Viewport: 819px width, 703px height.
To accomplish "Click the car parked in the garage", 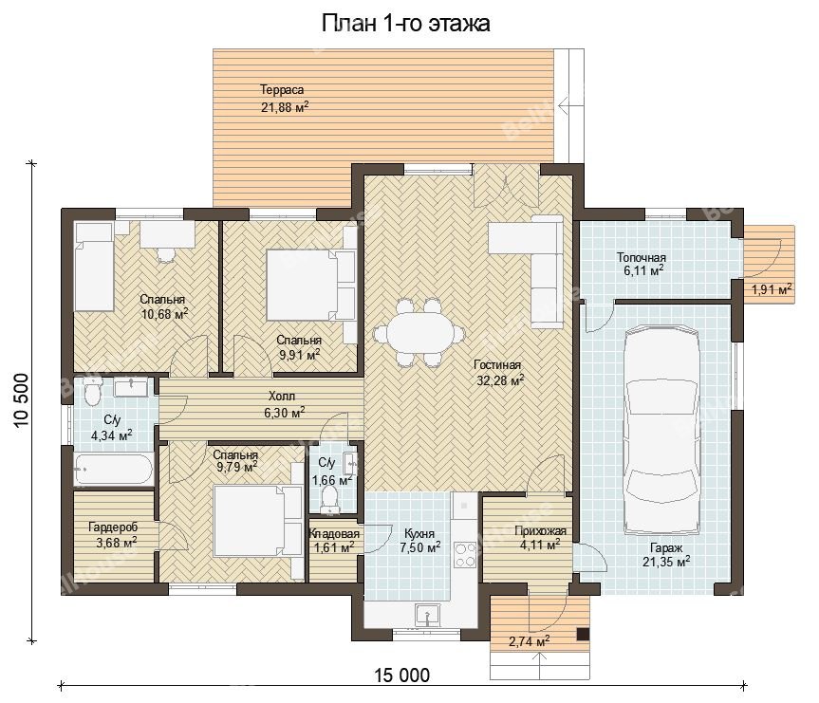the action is pyautogui.click(x=662, y=430).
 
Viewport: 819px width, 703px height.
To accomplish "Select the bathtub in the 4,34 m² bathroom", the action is pyautogui.click(x=113, y=470).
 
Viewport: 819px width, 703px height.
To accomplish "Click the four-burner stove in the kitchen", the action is pyautogui.click(x=464, y=555).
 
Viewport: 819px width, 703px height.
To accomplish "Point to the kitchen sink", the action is pyautogui.click(x=428, y=615).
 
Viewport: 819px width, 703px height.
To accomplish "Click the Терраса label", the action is pyautogui.click(x=282, y=90).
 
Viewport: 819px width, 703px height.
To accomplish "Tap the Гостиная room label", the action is pyautogui.click(x=497, y=364).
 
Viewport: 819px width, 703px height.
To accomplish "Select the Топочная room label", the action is pyautogui.click(x=641, y=257).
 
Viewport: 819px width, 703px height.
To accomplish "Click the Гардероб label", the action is pyautogui.click(x=113, y=527).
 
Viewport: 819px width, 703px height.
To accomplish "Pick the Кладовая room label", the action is pyautogui.click(x=334, y=534).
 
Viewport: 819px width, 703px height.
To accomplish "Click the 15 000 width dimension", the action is pyautogui.click(x=402, y=675).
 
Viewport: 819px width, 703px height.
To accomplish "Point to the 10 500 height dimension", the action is pyautogui.click(x=21, y=400).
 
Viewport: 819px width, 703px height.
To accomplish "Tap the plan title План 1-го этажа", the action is pyautogui.click(x=406, y=24).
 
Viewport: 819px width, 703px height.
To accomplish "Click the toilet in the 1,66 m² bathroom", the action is pyautogui.click(x=329, y=498).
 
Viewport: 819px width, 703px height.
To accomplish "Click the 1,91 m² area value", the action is pyautogui.click(x=771, y=288).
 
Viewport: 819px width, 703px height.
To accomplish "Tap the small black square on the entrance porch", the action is pyautogui.click(x=583, y=634).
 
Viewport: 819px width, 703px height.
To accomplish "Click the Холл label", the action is pyautogui.click(x=282, y=396).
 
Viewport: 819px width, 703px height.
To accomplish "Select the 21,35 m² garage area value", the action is pyautogui.click(x=666, y=562).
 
